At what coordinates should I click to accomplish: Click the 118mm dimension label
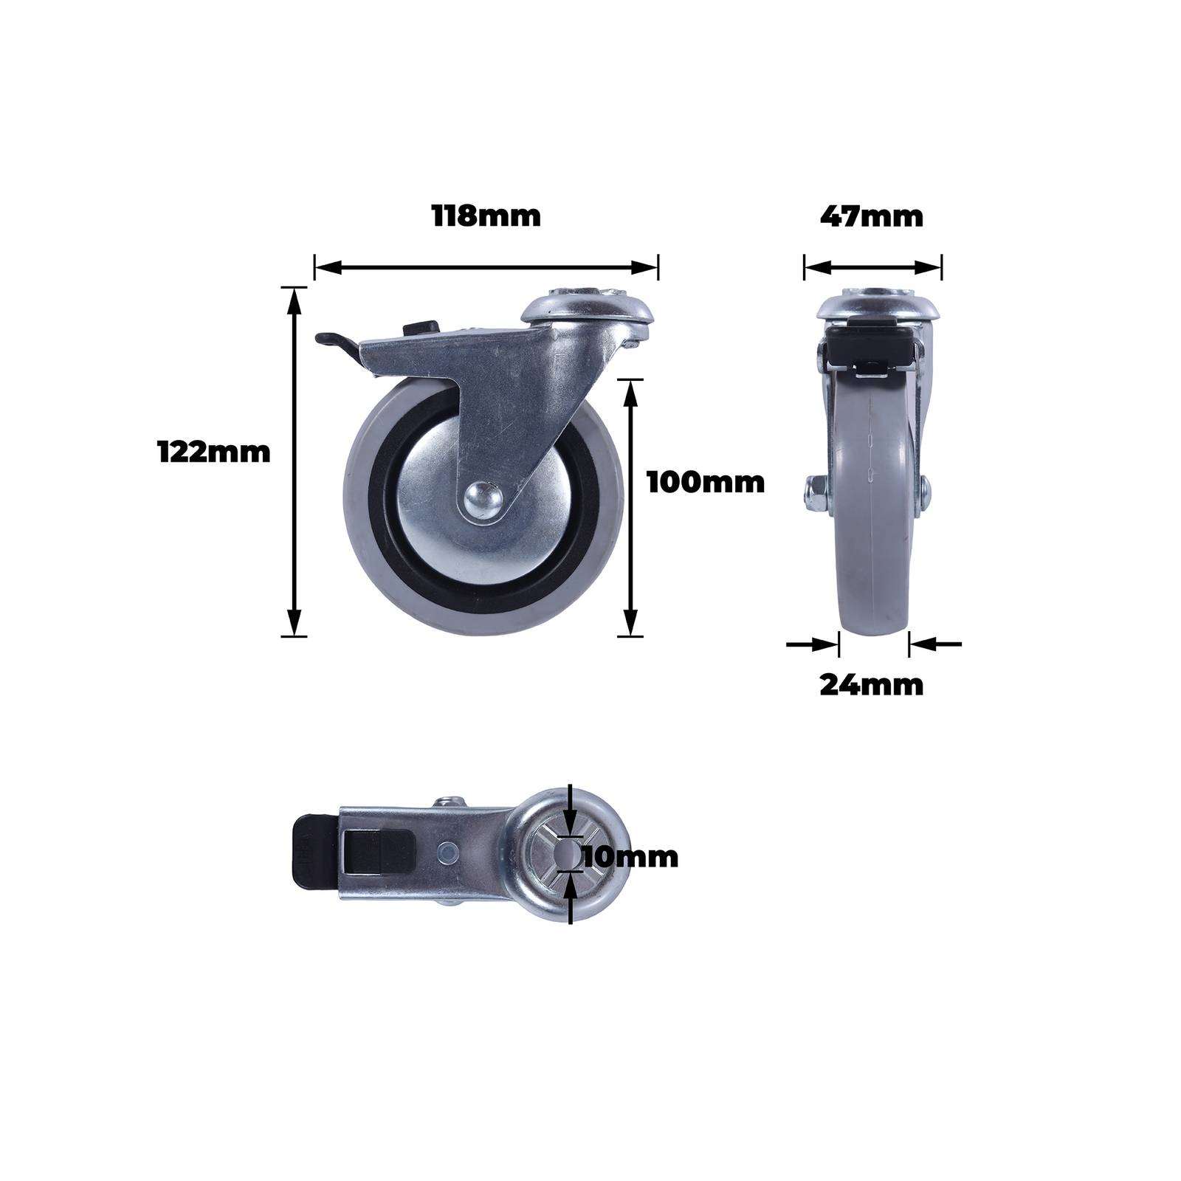click(486, 217)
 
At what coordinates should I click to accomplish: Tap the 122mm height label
click(214, 452)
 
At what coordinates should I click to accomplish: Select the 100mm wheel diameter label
click(706, 483)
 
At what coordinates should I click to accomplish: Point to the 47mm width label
click(872, 217)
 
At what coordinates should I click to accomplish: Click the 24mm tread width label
click(872, 686)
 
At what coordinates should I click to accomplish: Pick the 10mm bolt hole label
click(630, 858)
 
